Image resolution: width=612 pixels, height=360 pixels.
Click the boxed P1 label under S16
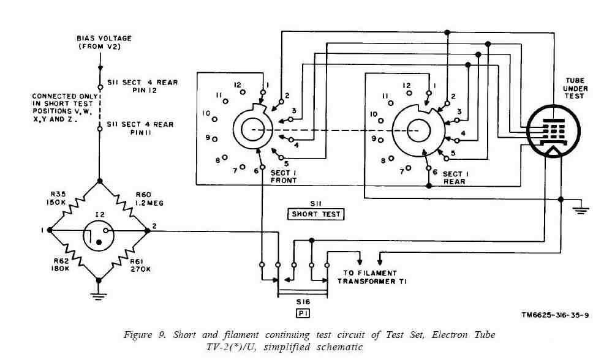pyautogui.click(x=303, y=313)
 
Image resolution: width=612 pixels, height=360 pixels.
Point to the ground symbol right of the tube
pyautogui.click(x=580, y=210)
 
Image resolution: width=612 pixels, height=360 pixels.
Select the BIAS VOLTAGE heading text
pyautogui.click(x=104, y=42)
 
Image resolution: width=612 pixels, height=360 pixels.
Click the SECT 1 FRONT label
pyautogui.click(x=283, y=177)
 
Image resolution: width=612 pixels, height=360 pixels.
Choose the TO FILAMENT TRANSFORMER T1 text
pyautogui.click(x=370, y=277)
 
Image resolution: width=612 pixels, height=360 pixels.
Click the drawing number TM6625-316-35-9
pyautogui.click(x=555, y=315)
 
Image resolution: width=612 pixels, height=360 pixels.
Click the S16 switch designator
pyautogui.click(x=303, y=302)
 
